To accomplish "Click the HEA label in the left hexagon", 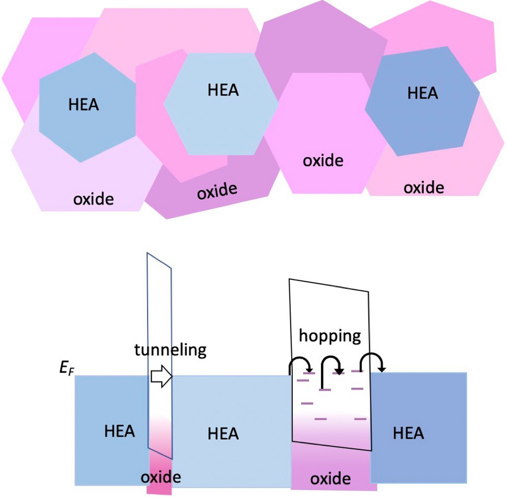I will coord(83,105).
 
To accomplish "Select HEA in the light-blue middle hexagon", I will coord(223,90).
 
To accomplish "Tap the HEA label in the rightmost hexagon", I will coord(422,93).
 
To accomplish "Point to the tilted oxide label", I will coord(217,191).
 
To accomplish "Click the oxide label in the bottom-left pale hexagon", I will coord(93,199).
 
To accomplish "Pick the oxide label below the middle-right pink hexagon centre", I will coord(323,161).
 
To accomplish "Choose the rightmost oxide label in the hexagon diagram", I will coord(424,187).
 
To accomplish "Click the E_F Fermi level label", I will coord(67,368).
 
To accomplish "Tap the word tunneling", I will coord(170,350).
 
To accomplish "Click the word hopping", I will coord(330,336).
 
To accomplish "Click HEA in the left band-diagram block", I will coord(119,431).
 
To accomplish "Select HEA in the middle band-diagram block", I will coord(223,434).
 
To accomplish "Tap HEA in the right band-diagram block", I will coord(408,433).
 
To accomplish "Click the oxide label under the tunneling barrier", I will coord(161,477).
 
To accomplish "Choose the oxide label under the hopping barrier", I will coord(330,479).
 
